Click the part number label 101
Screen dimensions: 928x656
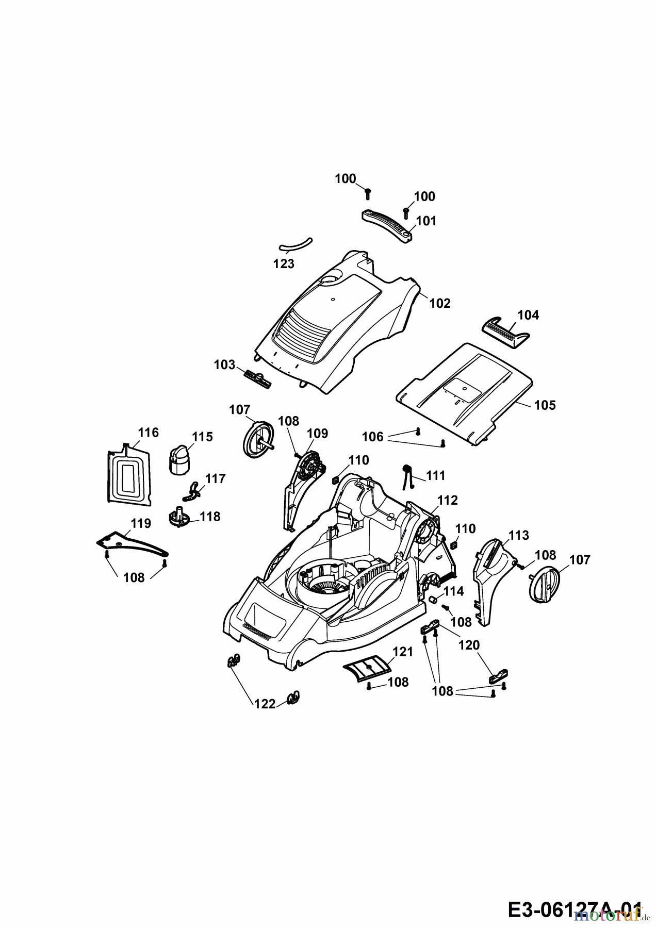click(426, 221)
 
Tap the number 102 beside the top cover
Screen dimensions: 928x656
click(440, 303)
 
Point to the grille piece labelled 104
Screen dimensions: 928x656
click(500, 333)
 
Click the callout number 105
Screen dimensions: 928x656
click(545, 405)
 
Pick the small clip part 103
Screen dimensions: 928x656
click(257, 380)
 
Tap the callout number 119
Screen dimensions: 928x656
click(140, 524)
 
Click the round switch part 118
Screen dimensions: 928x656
click(178, 517)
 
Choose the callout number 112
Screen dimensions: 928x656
click(447, 500)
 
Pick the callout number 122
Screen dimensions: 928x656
click(265, 704)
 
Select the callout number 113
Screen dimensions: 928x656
click(518, 535)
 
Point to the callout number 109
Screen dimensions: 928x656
click(317, 434)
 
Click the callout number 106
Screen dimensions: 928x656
click(372, 437)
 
